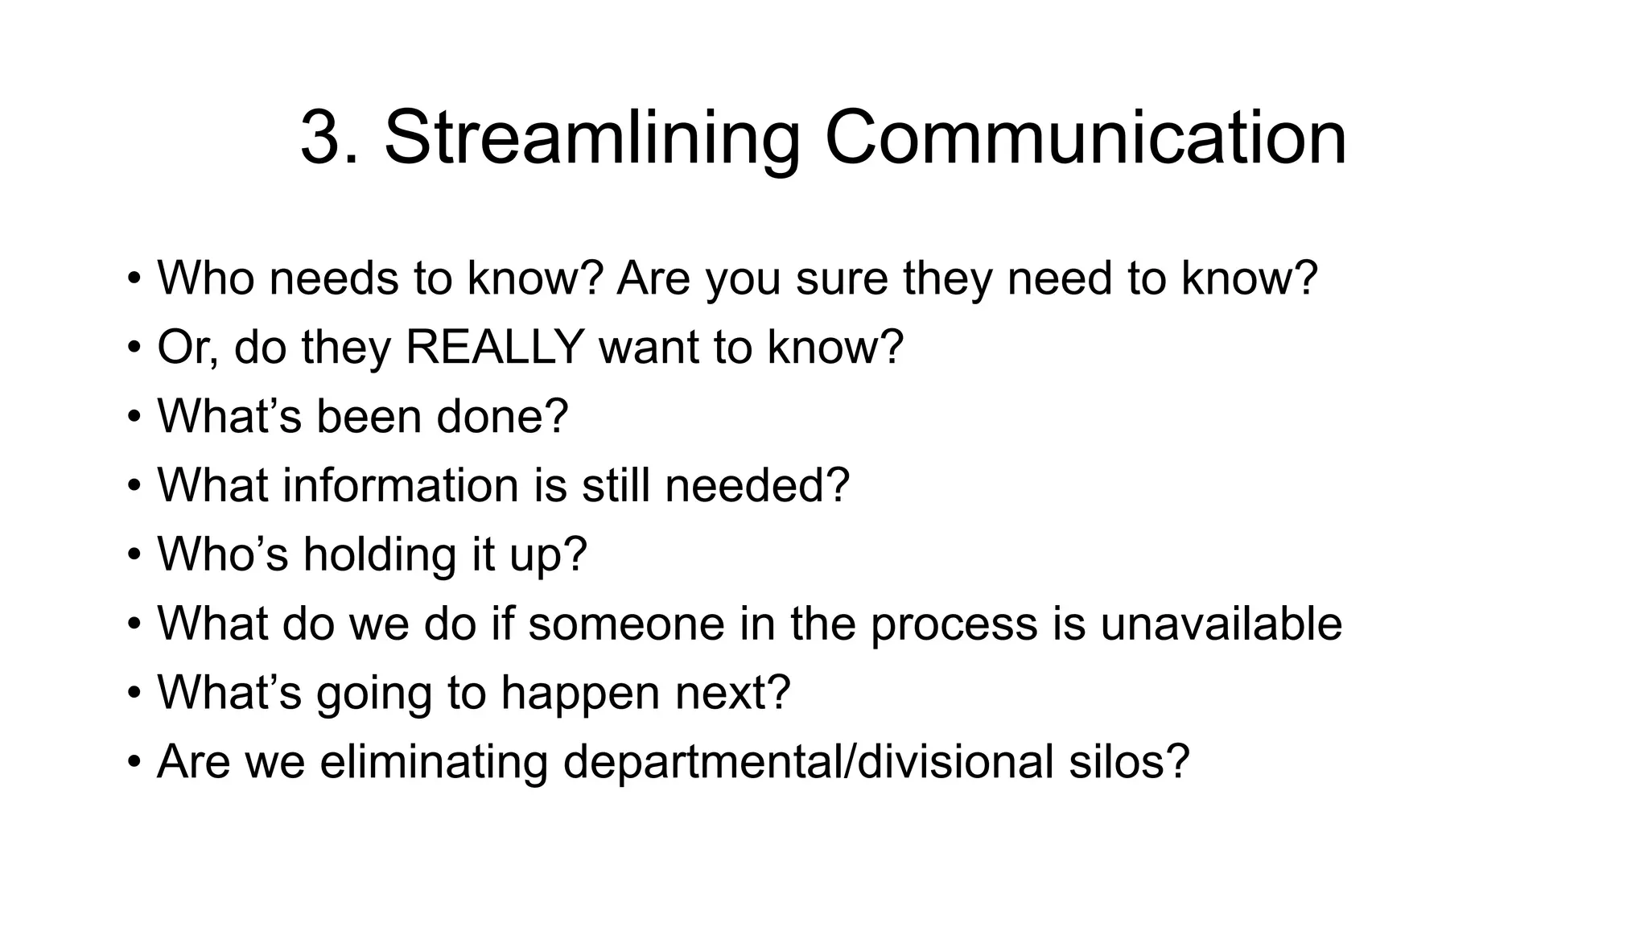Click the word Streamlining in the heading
click(x=591, y=138)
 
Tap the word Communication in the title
click(x=1086, y=138)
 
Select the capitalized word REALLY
click(x=495, y=347)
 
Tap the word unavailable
click(x=1221, y=624)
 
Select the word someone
click(x=626, y=624)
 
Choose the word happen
click(x=580, y=693)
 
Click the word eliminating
click(x=434, y=761)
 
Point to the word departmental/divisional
click(x=808, y=761)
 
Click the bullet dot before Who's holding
click(x=134, y=556)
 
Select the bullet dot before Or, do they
click(x=134, y=348)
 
